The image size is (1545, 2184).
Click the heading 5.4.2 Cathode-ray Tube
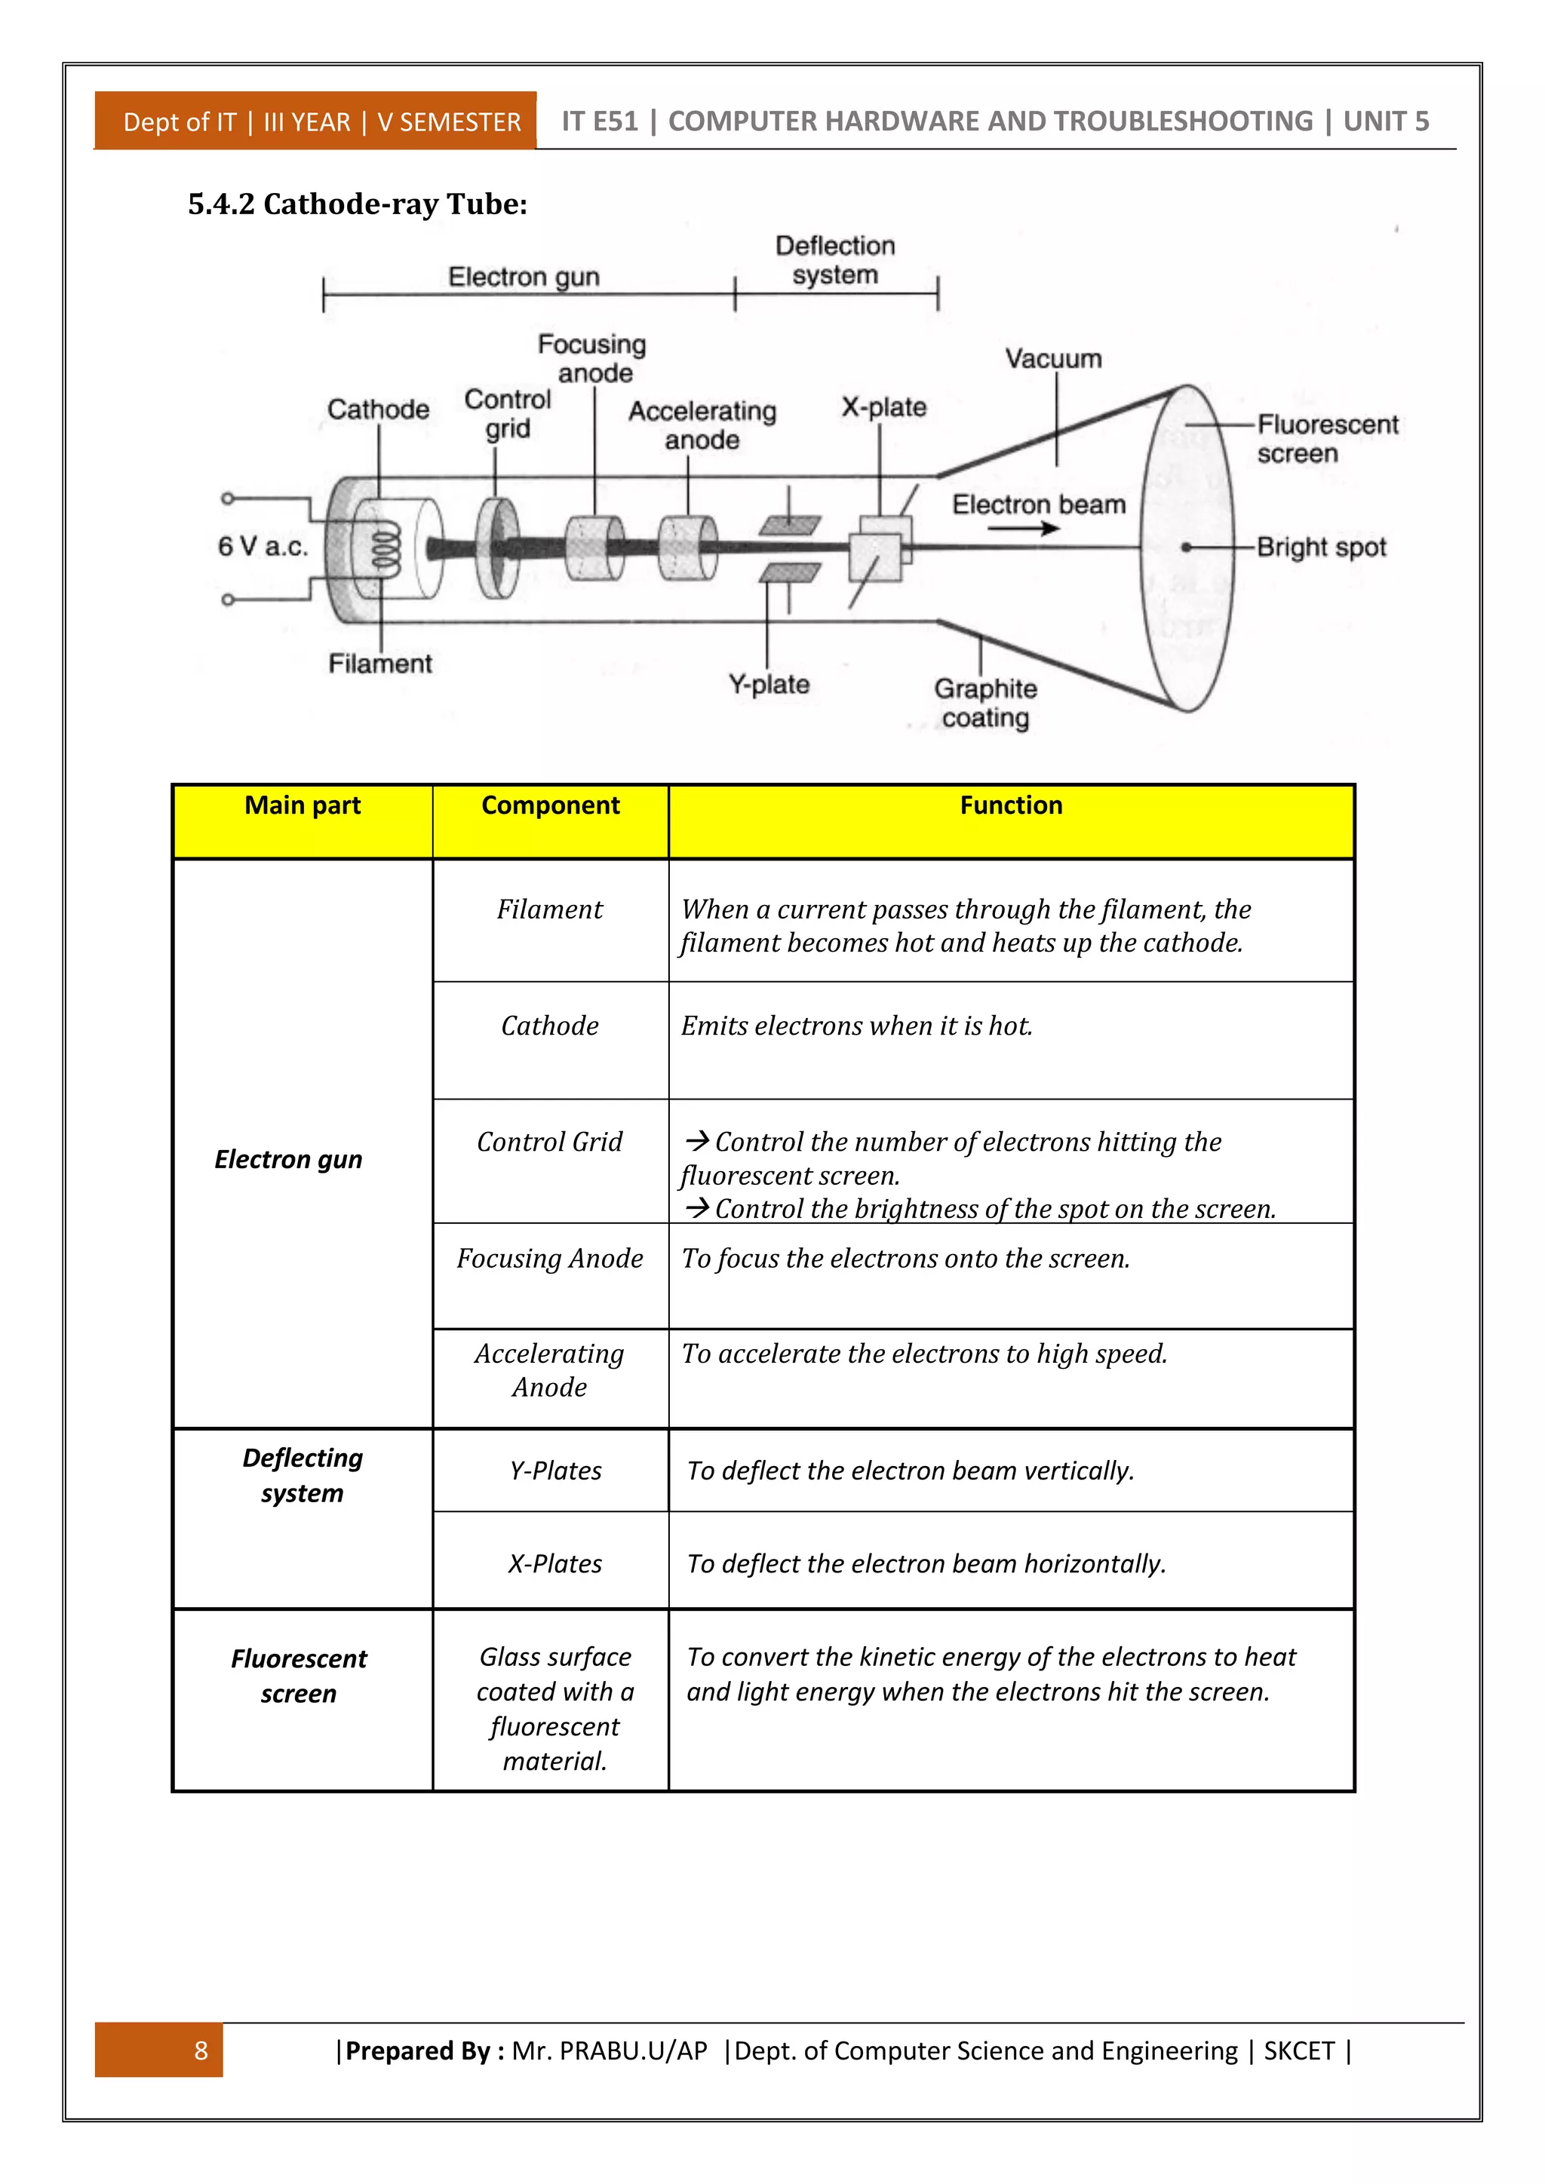[357, 204]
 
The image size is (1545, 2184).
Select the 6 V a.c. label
[263, 547]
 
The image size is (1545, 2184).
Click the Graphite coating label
[985, 703]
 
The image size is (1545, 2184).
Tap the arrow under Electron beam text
[1024, 528]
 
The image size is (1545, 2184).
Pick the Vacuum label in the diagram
[1053, 360]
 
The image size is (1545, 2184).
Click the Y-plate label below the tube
[769, 685]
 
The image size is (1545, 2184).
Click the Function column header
[1010, 805]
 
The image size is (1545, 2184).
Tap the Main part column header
[303, 805]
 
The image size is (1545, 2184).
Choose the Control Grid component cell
[550, 1143]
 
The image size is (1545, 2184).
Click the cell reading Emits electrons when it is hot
[856, 1026]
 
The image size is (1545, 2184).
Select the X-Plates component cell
[554, 1564]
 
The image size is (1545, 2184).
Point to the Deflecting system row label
[303, 1475]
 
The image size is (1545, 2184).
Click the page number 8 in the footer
[201, 2051]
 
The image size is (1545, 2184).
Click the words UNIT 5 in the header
[1385, 121]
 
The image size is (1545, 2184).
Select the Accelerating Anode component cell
[550, 1371]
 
